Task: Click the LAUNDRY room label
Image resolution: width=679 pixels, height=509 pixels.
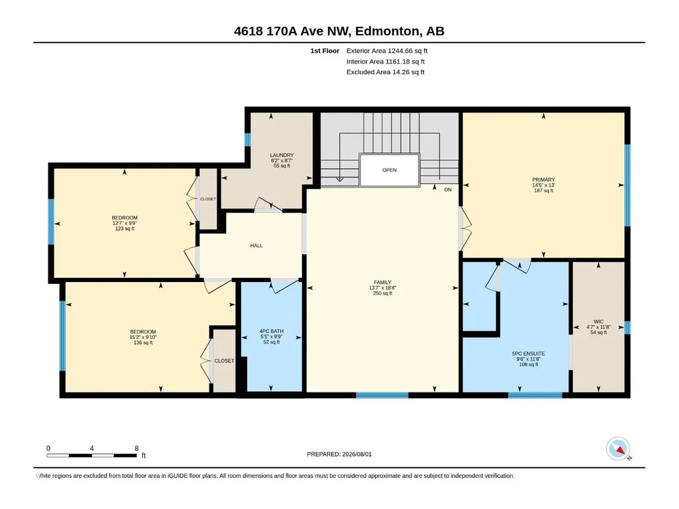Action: tap(282, 155)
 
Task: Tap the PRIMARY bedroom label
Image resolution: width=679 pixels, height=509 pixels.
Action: tap(543, 179)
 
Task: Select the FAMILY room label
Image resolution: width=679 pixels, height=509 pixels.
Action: tap(382, 282)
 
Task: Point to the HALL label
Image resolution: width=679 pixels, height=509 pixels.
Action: tap(256, 246)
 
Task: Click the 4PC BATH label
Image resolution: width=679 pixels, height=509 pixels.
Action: tap(272, 331)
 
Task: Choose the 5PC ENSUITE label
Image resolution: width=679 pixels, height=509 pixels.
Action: tap(529, 353)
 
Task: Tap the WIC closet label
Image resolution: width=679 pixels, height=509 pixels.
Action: tap(598, 322)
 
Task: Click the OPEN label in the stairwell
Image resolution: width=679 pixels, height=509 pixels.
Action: tap(390, 170)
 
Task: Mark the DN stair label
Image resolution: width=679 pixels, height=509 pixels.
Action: tap(448, 189)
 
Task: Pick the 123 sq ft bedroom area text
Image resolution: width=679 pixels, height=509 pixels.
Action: tap(125, 228)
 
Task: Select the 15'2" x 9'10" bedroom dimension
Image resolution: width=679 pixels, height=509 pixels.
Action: tap(143, 337)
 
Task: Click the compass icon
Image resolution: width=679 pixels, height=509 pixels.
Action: tap(618, 449)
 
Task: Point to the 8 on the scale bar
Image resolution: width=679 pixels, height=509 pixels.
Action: tap(136, 448)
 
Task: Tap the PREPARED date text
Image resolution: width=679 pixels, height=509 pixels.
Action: tap(339, 454)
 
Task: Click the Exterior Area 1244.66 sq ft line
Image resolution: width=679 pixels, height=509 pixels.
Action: tap(387, 51)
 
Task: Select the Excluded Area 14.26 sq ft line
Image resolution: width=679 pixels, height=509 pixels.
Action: tap(386, 72)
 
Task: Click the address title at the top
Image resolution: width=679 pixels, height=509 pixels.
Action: tap(339, 31)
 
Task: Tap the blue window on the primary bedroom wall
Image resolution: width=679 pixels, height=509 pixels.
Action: tap(627, 185)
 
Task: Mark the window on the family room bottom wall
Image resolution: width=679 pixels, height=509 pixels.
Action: tap(382, 395)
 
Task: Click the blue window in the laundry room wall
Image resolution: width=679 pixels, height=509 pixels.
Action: tap(248, 140)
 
